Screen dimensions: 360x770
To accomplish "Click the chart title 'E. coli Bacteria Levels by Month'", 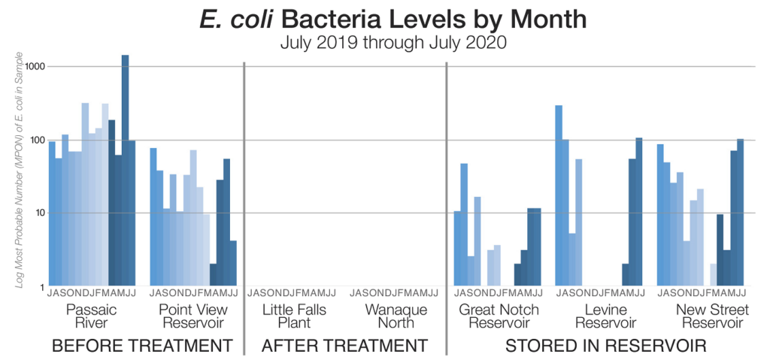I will tap(384, 20).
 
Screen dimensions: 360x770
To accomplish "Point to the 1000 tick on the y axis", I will tap(34, 66).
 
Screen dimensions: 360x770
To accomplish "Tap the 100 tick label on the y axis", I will tap(36, 140).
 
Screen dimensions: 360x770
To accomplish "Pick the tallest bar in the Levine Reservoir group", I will tap(559, 195).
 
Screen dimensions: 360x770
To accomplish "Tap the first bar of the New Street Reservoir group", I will tap(660, 215).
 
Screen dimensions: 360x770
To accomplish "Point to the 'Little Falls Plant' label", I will tap(294, 316).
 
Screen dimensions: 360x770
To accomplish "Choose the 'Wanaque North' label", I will tap(396, 316).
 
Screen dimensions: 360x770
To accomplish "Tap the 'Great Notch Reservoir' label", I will tap(499, 316).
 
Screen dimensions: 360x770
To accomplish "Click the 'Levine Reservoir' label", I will tap(599, 316).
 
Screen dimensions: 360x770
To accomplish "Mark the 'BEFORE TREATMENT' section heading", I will tap(141, 346).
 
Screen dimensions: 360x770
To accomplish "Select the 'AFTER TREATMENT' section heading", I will tap(344, 346).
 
